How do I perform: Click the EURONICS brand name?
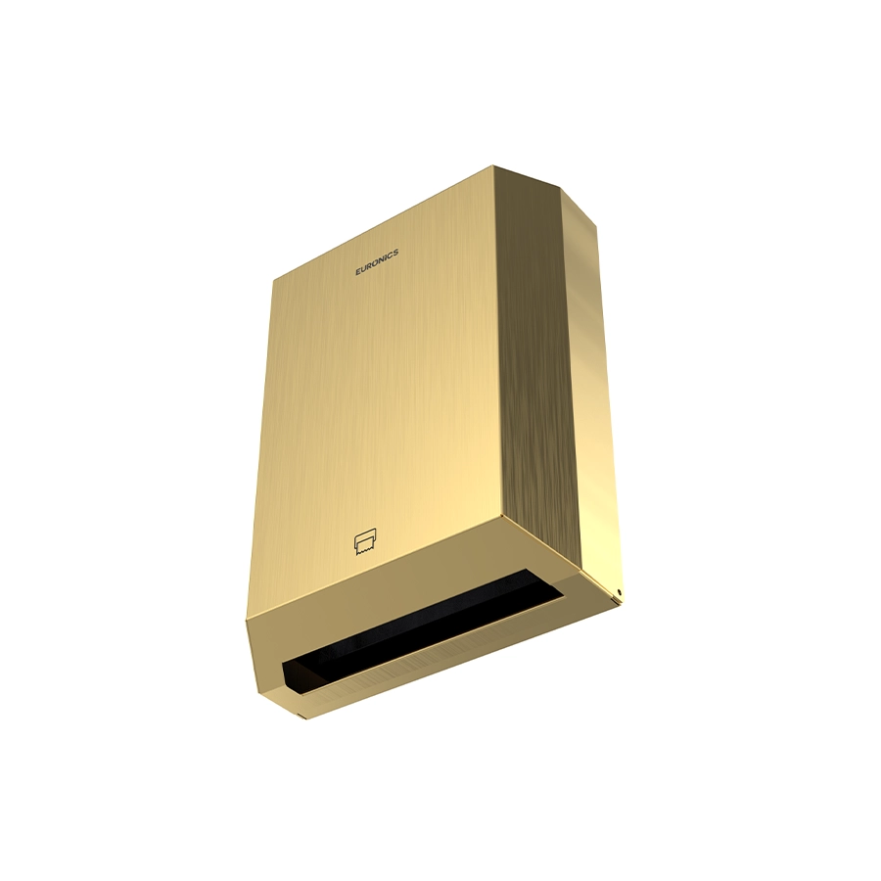pos(377,261)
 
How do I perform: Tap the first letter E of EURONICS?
pos(358,272)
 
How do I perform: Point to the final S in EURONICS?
pos(396,252)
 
